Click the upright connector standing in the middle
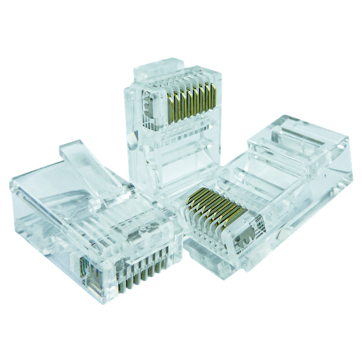(172, 132)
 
